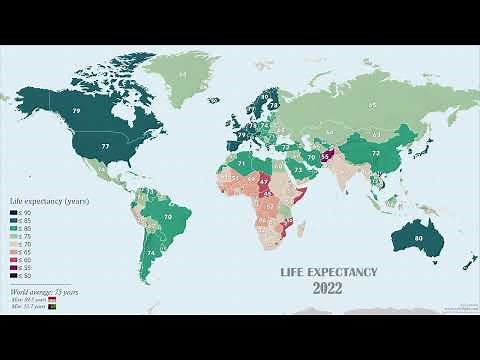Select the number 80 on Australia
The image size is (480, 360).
click(417, 239)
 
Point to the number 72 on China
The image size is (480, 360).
click(375, 153)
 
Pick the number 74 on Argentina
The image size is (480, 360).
click(150, 254)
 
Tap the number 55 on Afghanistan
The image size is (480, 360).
click(326, 156)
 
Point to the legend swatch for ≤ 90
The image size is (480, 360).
click(13, 213)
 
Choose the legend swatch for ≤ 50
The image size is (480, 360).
click(13, 276)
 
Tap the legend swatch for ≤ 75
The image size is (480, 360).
click(13, 237)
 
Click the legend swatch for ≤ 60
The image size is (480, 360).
click(13, 260)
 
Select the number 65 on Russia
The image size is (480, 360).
click(372, 104)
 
